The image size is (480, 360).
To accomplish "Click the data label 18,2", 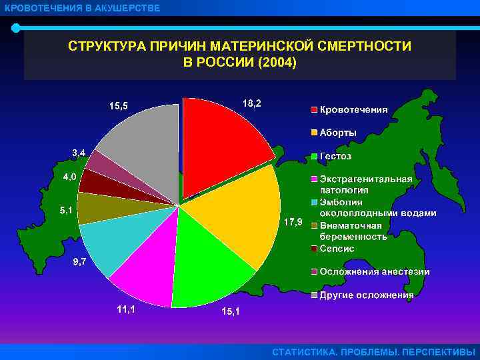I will click(x=252, y=103).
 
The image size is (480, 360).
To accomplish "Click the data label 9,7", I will click(x=78, y=262).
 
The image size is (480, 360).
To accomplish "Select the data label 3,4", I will click(x=78, y=153).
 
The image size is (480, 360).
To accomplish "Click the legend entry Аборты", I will click(x=337, y=133).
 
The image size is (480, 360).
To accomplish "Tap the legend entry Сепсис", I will click(x=337, y=248).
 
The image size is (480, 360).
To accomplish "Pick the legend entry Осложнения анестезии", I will click(x=373, y=271).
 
